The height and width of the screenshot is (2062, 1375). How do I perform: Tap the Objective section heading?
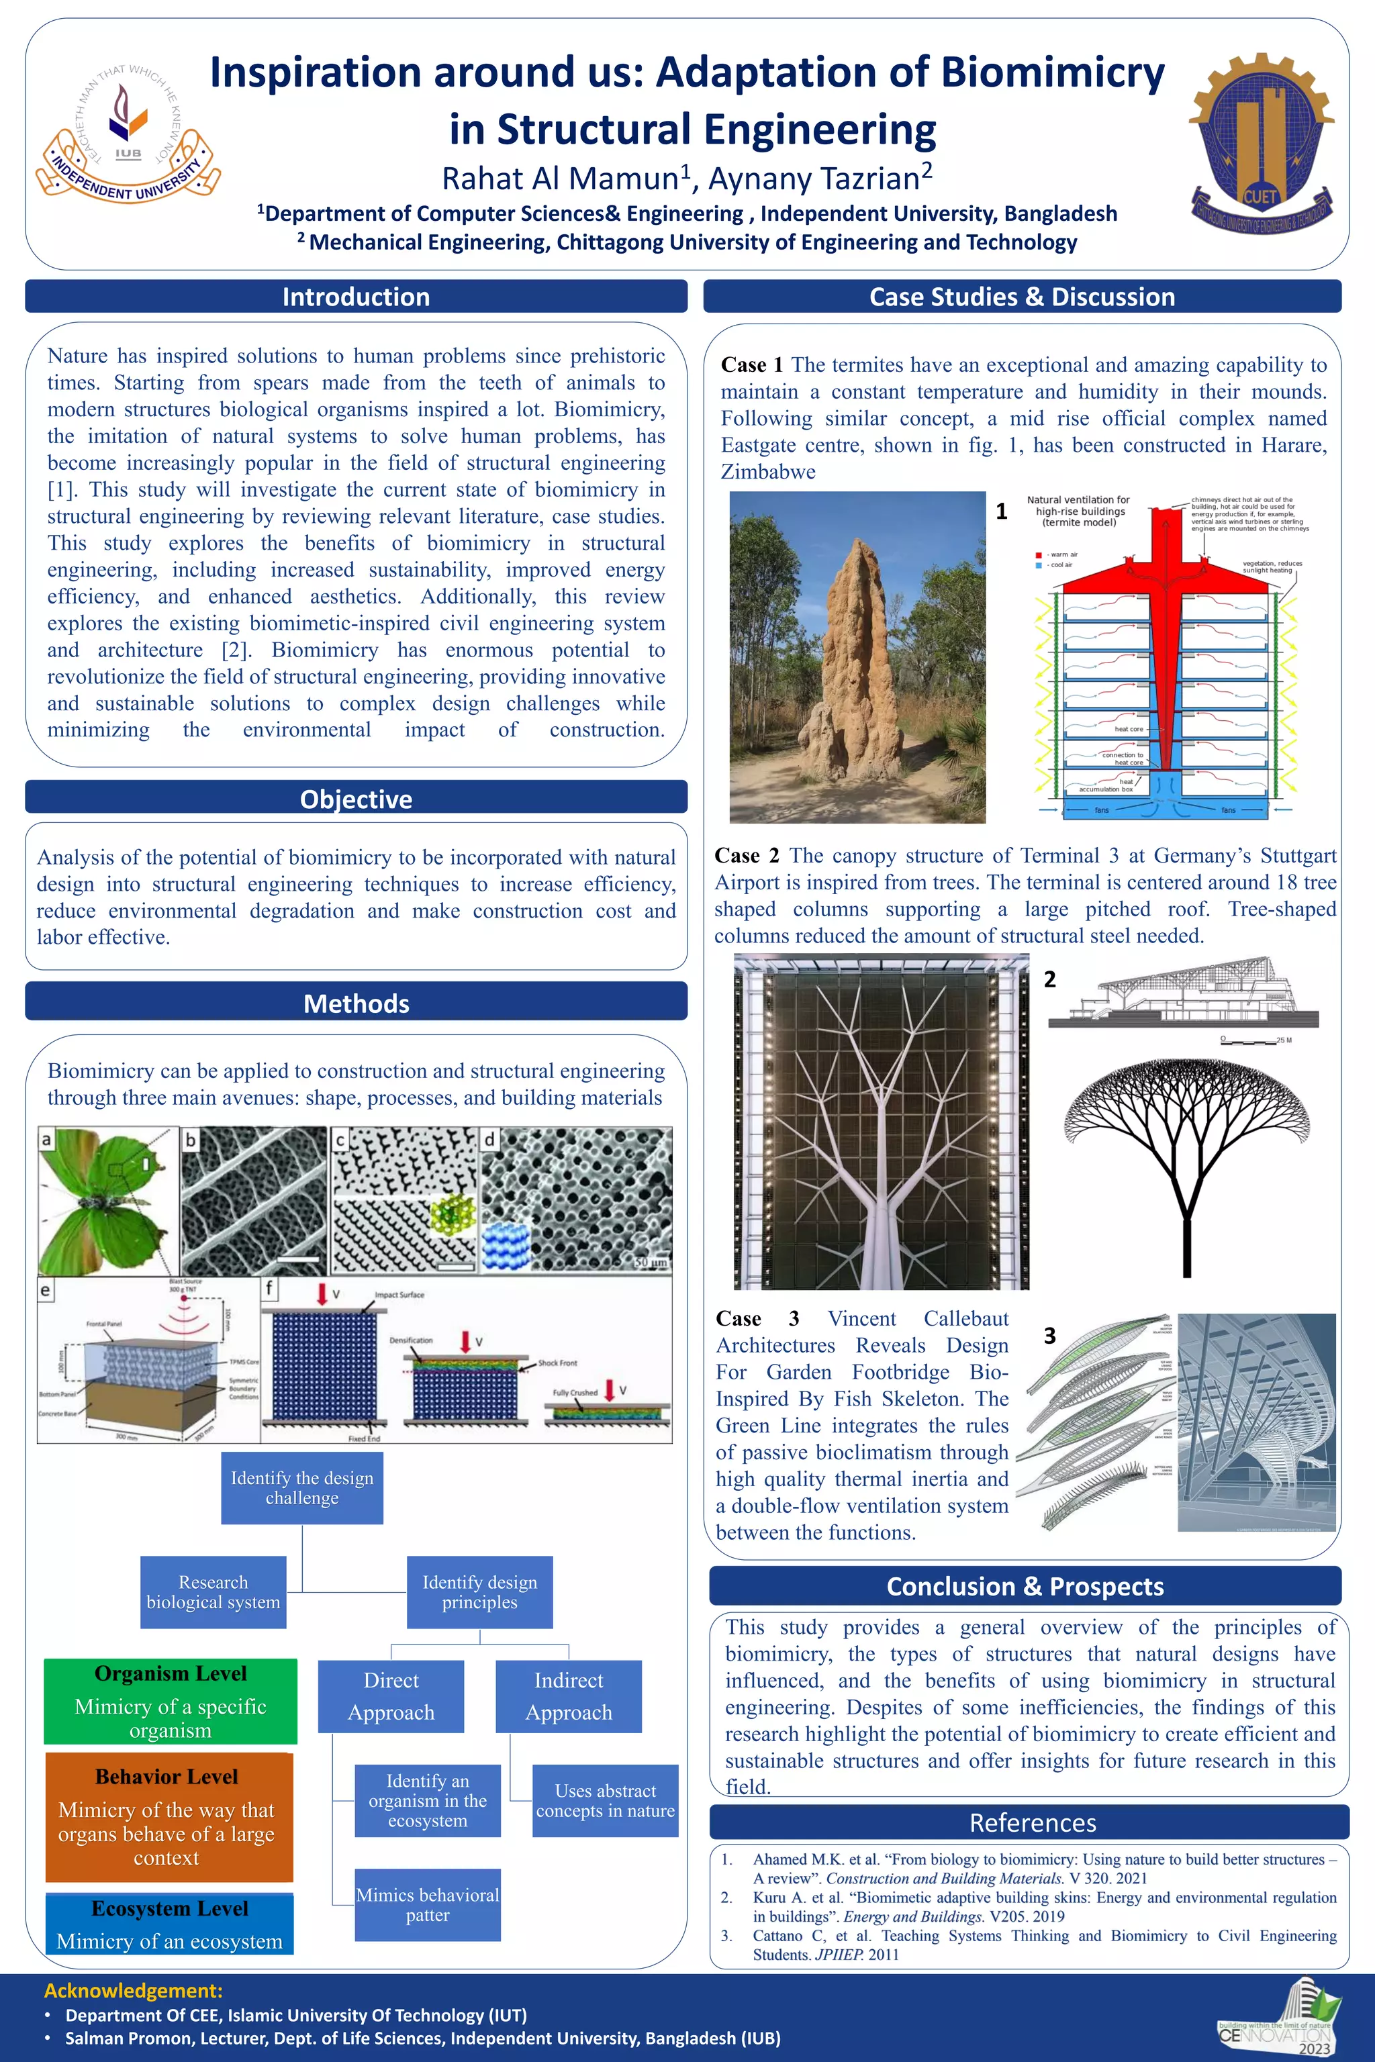click(356, 799)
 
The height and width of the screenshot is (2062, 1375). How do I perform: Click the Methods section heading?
click(356, 1003)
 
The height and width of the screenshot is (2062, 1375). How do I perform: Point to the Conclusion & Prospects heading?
click(1025, 1586)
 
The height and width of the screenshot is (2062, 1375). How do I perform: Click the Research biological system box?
click(213, 1592)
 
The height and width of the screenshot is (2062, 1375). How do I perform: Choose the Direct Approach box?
click(391, 1696)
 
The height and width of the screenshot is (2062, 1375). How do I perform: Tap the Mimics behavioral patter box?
click(427, 1904)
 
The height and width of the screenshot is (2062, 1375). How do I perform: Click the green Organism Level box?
click(170, 1701)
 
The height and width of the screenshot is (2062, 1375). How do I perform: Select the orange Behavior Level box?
click(169, 1816)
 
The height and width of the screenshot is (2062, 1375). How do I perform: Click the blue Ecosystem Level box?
click(169, 1924)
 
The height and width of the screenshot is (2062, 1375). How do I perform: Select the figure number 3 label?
click(1049, 1335)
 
